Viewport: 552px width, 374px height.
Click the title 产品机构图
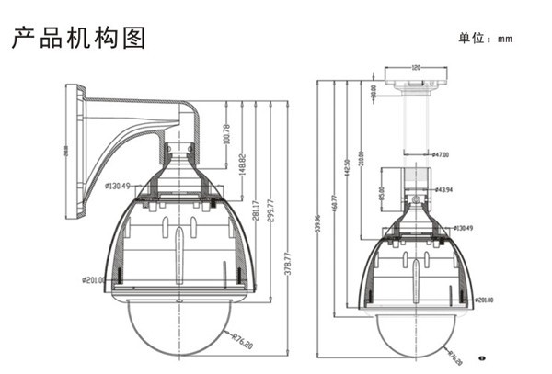pos(78,38)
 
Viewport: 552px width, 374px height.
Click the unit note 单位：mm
pos(484,39)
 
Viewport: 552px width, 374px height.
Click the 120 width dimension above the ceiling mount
pos(416,68)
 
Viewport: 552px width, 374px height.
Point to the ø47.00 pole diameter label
pos(439,155)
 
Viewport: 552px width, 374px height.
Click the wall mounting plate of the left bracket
pos(72,151)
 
